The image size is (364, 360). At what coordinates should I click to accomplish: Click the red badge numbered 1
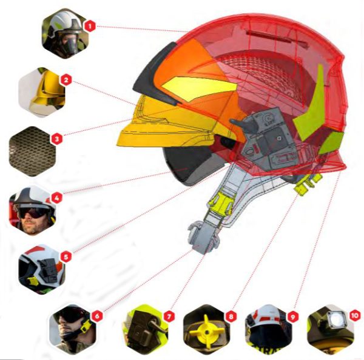coord(90,26)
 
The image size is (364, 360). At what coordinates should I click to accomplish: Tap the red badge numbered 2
coord(66,80)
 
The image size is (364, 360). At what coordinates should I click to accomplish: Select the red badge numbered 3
coord(57,139)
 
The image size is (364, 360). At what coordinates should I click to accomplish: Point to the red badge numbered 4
coord(57,198)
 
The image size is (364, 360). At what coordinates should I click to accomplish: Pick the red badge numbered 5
coord(66,256)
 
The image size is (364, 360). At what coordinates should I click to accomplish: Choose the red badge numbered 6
coord(97,316)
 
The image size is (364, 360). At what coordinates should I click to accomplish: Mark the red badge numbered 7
coord(169,316)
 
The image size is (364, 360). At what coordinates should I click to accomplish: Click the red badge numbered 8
coord(231,316)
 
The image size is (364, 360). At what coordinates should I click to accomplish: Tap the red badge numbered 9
coord(292,316)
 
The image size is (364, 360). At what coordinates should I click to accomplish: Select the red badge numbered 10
coord(354,316)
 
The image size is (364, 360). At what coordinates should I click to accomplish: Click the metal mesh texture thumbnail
coord(32,152)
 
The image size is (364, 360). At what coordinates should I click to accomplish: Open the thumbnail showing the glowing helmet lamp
coord(331,329)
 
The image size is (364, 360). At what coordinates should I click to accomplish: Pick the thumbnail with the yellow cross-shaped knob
coord(207,329)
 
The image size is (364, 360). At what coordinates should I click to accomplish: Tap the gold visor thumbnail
coord(42,92)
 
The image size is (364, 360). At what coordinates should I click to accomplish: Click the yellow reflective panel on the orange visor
coord(199,88)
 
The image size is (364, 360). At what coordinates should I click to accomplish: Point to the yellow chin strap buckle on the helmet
coord(221,203)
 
